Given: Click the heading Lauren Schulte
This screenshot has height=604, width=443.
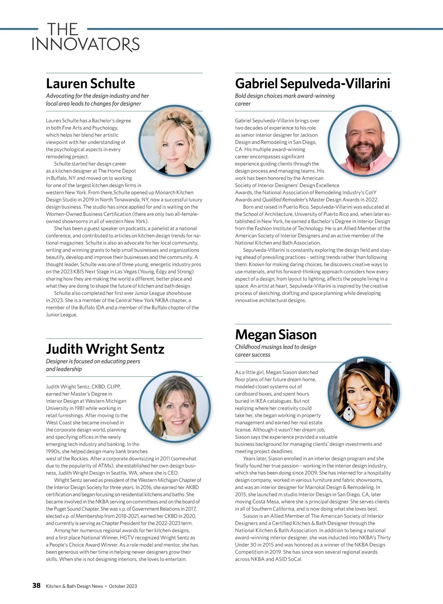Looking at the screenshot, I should click(90, 84).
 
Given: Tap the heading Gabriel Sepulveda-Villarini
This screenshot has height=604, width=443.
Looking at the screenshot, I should click(312, 84).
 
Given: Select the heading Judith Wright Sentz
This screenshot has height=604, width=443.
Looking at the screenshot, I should click(105, 349).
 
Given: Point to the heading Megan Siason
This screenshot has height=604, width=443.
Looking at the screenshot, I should click(276, 335).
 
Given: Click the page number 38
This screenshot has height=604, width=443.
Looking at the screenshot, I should click(36, 586).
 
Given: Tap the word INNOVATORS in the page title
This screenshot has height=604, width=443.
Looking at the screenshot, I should click(86, 45).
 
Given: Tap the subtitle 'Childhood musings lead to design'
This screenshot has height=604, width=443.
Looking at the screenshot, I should click(275, 347).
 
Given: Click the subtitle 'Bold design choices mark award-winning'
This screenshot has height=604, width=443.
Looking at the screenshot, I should click(285, 96).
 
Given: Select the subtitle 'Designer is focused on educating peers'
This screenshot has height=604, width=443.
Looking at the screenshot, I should click(93, 361).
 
